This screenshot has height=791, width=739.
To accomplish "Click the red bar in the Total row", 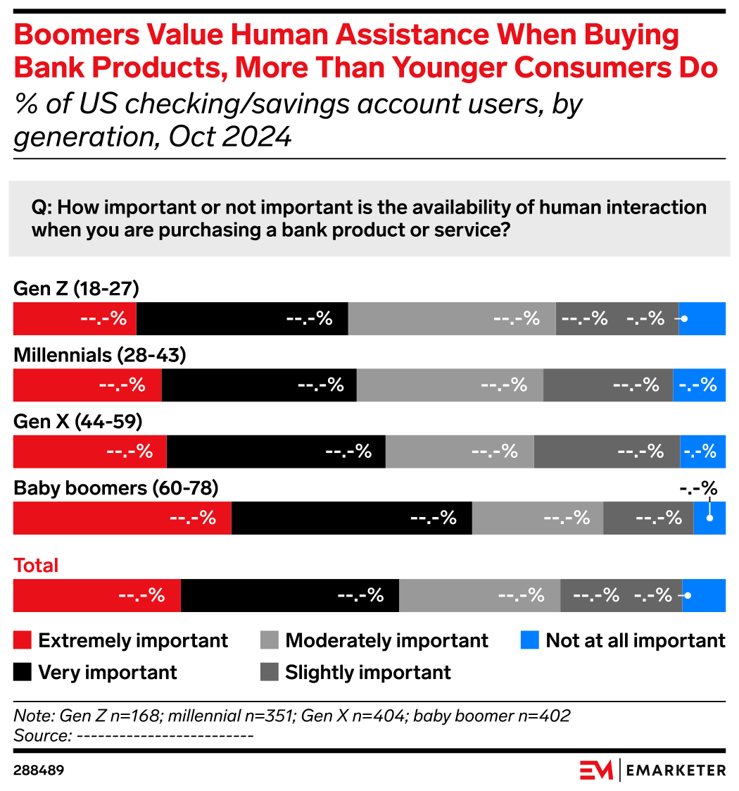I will [x=96, y=595].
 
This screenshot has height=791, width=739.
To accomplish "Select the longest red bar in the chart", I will [x=122, y=518].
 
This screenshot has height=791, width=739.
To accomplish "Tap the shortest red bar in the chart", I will [x=74, y=318].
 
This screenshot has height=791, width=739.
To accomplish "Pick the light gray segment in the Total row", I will [x=479, y=595].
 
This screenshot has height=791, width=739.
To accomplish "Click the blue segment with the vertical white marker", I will [x=710, y=518].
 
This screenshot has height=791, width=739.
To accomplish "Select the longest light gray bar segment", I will [x=452, y=318].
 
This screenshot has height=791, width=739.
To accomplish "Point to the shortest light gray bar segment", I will [x=537, y=518].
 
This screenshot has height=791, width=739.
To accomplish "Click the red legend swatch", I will [x=22, y=640].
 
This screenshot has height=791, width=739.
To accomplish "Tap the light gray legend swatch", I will [x=269, y=640].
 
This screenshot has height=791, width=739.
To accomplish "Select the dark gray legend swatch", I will [x=269, y=671].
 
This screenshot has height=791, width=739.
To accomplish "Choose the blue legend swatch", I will [x=529, y=640].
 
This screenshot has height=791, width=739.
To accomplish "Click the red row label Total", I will [x=36, y=566].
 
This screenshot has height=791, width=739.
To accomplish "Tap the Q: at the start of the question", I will [x=42, y=208].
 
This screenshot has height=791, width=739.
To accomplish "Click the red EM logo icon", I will [x=596, y=770].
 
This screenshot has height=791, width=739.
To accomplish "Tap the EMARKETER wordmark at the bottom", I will [x=676, y=770].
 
